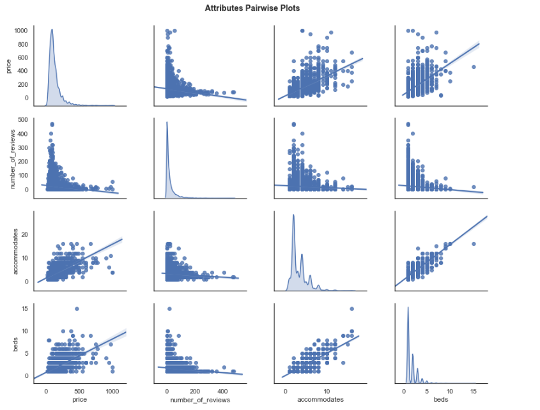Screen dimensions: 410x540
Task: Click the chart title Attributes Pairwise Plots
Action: tap(252, 8)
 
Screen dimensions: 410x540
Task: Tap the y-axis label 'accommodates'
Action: tap(8, 253)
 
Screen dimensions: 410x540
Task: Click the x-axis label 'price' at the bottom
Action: tap(79, 400)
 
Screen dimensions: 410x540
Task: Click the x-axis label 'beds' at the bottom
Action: tap(438, 400)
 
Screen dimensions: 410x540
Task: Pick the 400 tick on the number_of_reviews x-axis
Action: tap(222, 391)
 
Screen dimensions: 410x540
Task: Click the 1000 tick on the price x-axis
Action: tap(112, 391)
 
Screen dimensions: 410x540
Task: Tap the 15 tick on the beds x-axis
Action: tap(473, 391)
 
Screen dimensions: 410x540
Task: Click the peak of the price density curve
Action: tap(52, 29)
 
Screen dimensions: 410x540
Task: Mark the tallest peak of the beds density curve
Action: tap(408, 309)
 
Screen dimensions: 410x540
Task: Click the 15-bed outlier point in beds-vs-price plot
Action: tap(77, 309)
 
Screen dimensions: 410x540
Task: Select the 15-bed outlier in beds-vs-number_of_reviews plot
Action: tap(169, 309)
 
